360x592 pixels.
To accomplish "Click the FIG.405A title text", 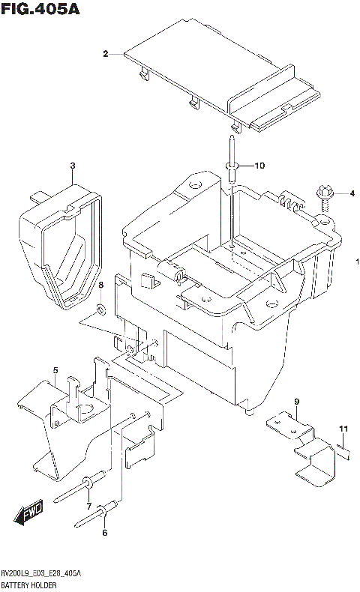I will (x=40, y=10).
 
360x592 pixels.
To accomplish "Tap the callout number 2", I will (x=106, y=53).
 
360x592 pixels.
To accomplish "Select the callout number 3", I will (x=73, y=166).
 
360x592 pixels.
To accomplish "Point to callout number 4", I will (x=350, y=194).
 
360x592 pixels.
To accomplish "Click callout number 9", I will (x=296, y=402).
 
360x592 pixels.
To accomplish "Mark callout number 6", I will (x=105, y=533).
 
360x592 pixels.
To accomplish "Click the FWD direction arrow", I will (x=28, y=515).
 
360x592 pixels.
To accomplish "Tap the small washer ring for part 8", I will (x=100, y=309).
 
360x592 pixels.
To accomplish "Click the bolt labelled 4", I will (x=325, y=193).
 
